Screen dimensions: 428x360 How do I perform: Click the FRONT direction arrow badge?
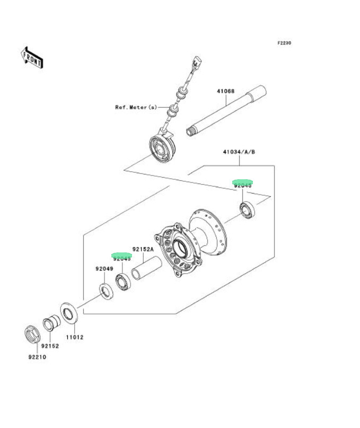(32, 57)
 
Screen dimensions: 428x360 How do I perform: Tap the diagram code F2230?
(284, 43)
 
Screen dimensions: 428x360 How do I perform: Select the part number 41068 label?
(225, 92)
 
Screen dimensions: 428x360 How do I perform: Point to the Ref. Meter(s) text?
(136, 107)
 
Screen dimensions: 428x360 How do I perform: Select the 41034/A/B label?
(239, 152)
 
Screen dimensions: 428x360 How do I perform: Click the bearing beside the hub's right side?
(248, 209)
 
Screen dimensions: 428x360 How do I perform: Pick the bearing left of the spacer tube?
(123, 282)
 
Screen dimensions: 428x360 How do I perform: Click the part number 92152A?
(143, 249)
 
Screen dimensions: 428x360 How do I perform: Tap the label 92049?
(104, 269)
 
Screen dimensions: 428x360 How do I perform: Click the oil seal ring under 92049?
(106, 291)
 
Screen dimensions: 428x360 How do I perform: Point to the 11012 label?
(74, 337)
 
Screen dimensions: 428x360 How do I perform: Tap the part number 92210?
(38, 357)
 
